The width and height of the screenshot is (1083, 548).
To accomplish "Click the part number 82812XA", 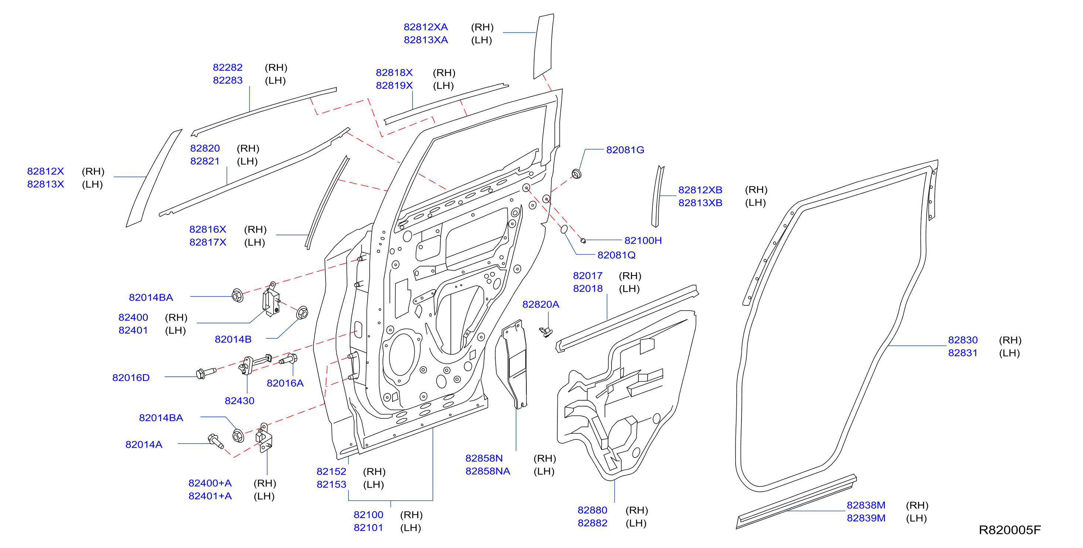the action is click(425, 27).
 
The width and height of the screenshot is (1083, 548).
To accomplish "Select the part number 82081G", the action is click(625, 150).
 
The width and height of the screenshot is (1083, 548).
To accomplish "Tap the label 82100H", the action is click(643, 241).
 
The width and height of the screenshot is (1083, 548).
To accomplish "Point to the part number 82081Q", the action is click(616, 255).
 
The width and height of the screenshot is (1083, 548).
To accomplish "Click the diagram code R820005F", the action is click(1009, 530).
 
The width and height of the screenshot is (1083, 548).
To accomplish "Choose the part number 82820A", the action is click(541, 304).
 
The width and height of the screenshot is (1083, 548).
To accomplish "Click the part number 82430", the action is click(240, 401).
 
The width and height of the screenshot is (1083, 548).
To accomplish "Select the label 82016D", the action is click(131, 377).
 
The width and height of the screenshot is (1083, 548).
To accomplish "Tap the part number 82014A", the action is click(144, 444).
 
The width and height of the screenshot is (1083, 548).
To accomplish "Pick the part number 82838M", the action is click(866, 505).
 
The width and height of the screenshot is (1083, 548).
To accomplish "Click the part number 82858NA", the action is click(488, 471).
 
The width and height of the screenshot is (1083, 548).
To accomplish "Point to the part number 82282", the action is click(227, 68).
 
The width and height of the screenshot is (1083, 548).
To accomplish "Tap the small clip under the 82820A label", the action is click(546, 332).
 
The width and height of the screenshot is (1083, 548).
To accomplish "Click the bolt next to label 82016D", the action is click(206, 373).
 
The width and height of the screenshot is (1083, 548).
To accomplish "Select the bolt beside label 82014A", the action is click(215, 441).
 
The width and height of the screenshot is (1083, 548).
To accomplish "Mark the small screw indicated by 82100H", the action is click(583, 241).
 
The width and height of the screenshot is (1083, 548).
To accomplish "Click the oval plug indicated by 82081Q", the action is click(564, 229).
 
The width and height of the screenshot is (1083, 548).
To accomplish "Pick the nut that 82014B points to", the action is click(302, 313).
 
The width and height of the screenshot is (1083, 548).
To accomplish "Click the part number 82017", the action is click(588, 276).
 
